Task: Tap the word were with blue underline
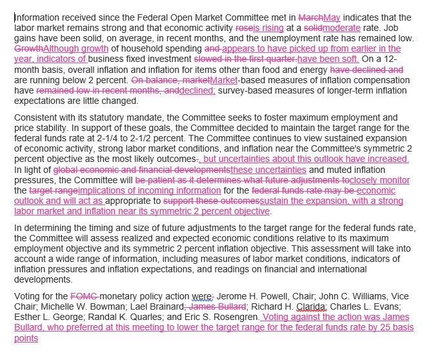pyautogui.click(x=183, y=297)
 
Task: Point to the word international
pyautogui.click(x=387, y=269)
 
